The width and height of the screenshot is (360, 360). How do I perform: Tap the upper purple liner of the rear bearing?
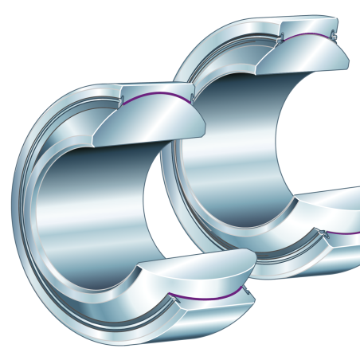click(307, 37)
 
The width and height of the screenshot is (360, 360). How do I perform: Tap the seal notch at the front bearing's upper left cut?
click(126, 100)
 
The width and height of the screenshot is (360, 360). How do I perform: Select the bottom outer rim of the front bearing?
click(119, 338)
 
